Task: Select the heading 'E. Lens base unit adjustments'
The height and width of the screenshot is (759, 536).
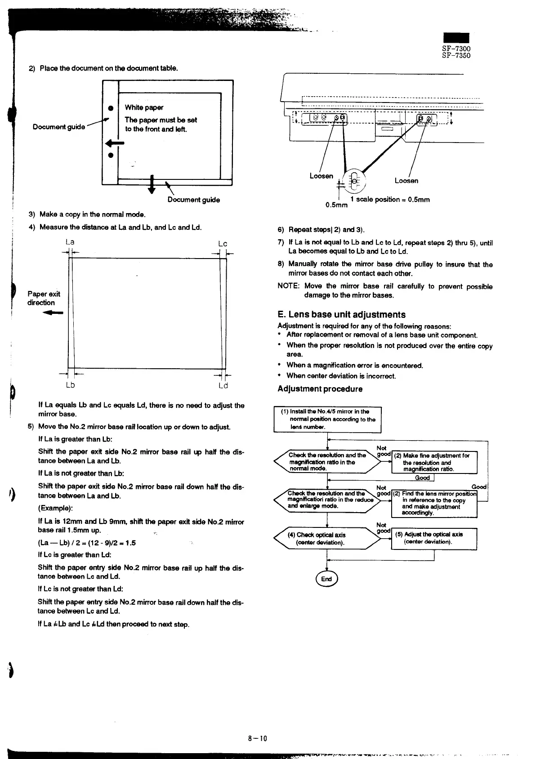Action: tap(341, 315)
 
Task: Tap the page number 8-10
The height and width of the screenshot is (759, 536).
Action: tap(258, 738)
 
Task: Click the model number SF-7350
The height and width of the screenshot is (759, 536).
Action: tap(456, 56)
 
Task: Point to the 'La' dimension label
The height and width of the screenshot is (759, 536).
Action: tap(70, 242)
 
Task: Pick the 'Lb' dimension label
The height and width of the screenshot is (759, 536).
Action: tap(70, 385)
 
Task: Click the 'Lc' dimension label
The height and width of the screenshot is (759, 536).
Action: tap(223, 244)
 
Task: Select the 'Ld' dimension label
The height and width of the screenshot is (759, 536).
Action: tap(223, 386)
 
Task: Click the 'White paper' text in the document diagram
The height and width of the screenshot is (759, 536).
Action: tap(144, 107)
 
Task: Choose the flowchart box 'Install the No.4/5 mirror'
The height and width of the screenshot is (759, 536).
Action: tap(327, 419)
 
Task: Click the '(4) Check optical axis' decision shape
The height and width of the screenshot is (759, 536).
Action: tap(327, 538)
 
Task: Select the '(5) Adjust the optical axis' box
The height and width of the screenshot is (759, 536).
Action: tap(434, 538)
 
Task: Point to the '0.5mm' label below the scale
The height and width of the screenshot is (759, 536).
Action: tap(336, 205)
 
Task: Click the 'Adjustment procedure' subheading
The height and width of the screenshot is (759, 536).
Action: tap(320, 389)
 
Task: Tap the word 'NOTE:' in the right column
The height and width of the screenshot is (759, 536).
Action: tap(289, 286)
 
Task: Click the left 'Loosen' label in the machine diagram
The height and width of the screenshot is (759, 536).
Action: tap(321, 176)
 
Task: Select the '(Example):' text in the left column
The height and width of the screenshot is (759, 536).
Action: tap(56, 508)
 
